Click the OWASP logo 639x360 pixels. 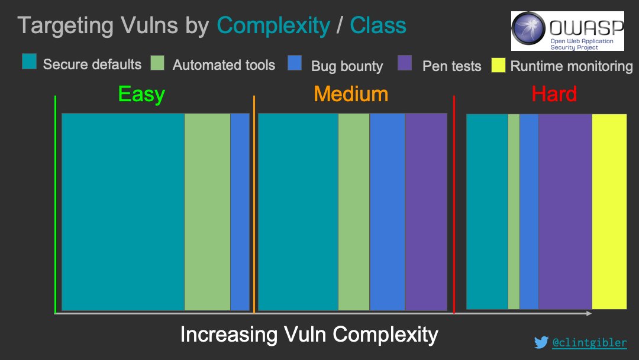click(x=567, y=31)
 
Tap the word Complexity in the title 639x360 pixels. click(x=273, y=25)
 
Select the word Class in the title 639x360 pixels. click(x=378, y=25)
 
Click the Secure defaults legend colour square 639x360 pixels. click(x=30, y=62)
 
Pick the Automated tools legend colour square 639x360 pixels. click(x=157, y=63)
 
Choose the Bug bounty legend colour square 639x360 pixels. click(x=295, y=63)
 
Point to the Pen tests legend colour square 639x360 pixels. click(x=405, y=63)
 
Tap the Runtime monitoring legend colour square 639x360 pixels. click(x=498, y=65)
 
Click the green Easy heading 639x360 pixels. click(x=141, y=94)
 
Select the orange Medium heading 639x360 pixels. click(x=351, y=94)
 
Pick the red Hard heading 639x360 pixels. click(x=554, y=94)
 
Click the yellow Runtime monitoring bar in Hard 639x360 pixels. click(x=609, y=211)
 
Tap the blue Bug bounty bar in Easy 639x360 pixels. click(x=240, y=211)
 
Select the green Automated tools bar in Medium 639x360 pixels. click(x=354, y=211)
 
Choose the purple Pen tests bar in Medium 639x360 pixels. click(x=426, y=211)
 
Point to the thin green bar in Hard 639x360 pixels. click(x=514, y=211)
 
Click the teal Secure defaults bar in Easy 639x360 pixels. click(x=123, y=211)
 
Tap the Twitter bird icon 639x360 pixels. click(x=541, y=342)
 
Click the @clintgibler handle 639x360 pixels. click(x=589, y=342)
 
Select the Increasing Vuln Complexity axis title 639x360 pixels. click(x=309, y=335)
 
